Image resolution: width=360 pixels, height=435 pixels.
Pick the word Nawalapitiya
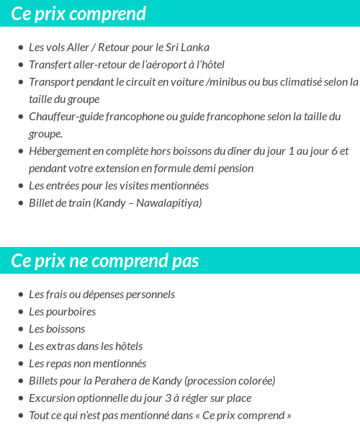171,203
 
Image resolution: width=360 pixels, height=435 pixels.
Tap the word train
78,203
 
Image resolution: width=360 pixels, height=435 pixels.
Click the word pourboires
71,312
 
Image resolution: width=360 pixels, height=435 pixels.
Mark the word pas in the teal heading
185,260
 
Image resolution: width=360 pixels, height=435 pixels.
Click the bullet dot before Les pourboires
21,312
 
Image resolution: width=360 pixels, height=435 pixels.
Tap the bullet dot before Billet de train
21,203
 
